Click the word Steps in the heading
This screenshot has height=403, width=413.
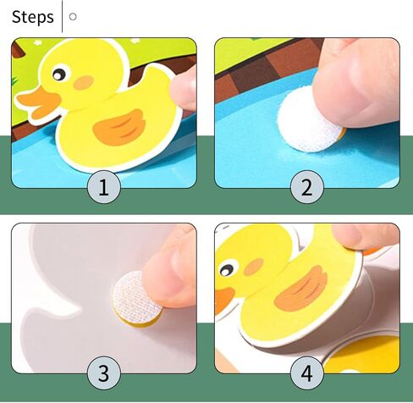[32, 16]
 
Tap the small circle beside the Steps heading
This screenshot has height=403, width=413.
[73, 16]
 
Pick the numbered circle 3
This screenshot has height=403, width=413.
[103, 373]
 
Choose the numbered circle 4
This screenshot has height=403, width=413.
[306, 373]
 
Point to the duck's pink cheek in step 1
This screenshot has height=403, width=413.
[84, 83]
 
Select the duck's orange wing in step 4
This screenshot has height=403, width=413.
[301, 290]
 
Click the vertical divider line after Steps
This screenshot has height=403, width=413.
[63, 16]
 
